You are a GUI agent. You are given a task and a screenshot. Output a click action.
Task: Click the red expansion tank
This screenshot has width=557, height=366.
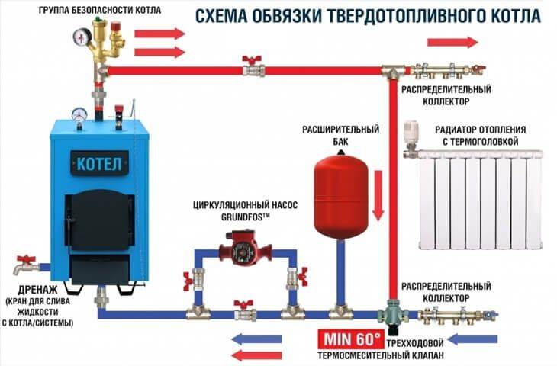tap(340, 194)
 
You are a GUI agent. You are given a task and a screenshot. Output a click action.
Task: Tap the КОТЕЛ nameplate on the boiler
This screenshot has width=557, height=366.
tap(99, 163)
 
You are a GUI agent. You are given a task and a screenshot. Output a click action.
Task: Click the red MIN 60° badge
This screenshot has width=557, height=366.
tap(351, 339)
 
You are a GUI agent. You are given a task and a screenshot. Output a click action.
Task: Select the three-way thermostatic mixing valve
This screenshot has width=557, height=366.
tap(392, 315)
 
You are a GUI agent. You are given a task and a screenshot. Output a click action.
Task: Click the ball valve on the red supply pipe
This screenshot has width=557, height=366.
tap(253, 67)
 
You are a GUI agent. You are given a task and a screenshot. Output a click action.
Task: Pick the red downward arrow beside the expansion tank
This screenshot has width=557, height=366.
tap(378, 196)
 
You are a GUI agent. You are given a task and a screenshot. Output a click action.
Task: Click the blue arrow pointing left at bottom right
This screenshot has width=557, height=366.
tap(472, 339)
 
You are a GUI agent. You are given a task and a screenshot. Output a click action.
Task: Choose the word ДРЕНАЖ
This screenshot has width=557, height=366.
tap(37, 290)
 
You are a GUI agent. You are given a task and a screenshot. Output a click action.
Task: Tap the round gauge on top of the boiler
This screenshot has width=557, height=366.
tap(79, 114)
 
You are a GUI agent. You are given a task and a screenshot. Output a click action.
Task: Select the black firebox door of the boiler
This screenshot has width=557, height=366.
tap(98, 220)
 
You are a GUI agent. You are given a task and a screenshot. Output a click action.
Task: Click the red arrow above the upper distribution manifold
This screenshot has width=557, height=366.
tap(452, 42)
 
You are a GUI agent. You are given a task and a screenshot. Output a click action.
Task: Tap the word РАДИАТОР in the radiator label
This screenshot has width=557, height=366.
tap(456, 130)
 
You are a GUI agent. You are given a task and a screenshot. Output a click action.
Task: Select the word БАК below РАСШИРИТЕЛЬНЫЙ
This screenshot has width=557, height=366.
tap(340, 142)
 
